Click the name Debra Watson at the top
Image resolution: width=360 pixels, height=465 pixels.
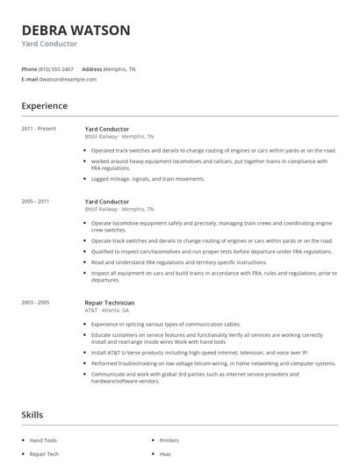point(76,30)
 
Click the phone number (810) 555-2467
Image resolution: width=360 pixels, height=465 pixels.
point(55,68)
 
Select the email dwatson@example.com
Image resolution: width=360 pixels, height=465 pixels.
point(68,79)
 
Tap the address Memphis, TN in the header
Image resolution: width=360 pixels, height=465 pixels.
point(120,68)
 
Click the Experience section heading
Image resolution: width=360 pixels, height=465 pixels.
point(44,106)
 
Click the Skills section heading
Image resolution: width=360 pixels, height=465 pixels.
point(33,413)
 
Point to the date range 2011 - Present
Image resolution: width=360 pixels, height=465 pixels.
point(39,129)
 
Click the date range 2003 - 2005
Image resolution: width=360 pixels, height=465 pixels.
point(35,303)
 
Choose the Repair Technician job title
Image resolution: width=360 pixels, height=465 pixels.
point(110,303)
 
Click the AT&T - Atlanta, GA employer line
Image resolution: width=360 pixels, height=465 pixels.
point(107,311)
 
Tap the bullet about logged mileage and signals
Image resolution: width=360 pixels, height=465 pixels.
point(148,179)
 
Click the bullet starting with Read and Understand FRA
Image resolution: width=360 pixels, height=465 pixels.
point(178,261)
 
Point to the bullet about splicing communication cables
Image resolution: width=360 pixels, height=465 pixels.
point(167,324)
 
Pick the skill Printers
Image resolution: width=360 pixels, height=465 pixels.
point(169,440)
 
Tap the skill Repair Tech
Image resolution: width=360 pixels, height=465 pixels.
point(44,455)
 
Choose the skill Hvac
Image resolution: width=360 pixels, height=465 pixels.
point(165,455)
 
